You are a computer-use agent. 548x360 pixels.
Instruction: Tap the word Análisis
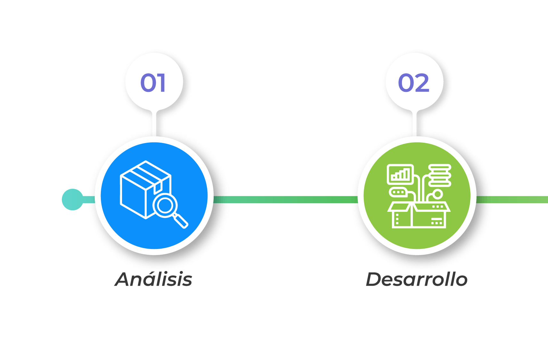click(154, 279)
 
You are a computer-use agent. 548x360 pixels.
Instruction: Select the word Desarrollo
click(417, 279)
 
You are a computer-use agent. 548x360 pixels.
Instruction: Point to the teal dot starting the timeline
click(73, 199)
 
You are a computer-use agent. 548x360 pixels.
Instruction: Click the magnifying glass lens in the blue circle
click(165, 205)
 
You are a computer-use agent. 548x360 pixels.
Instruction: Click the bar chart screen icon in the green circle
click(400, 174)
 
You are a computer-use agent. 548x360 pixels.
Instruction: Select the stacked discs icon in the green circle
click(440, 175)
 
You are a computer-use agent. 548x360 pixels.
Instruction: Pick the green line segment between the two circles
click(285, 199)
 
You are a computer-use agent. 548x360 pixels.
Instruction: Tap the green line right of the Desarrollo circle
click(512, 199)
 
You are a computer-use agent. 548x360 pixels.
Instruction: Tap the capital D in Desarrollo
click(375, 279)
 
